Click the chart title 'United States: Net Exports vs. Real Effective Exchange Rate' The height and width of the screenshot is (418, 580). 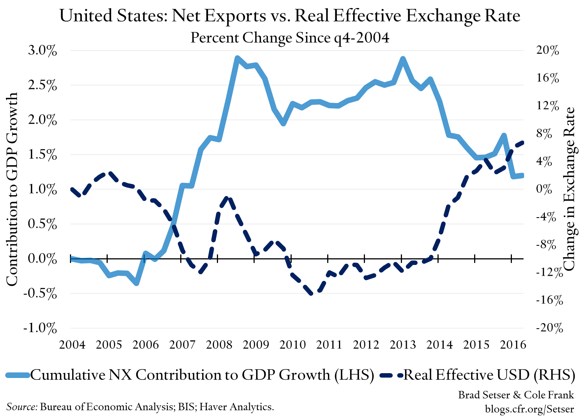(290, 16)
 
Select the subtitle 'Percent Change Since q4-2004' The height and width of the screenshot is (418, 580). (290, 38)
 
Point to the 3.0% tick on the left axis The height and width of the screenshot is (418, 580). (43, 51)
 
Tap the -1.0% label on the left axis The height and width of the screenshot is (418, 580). (40, 328)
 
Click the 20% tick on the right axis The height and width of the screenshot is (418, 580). (547, 51)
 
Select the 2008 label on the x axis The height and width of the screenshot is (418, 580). (219, 345)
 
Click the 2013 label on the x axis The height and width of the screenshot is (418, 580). (403, 345)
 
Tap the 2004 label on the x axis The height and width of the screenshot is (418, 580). (72, 345)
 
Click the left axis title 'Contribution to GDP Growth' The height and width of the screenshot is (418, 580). (12, 189)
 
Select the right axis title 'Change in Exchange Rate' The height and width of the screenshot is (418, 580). (569, 189)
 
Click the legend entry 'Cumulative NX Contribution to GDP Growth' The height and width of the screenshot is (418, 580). (202, 375)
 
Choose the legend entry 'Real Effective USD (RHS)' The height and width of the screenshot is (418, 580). (489, 375)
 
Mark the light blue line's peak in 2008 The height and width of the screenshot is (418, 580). (237, 58)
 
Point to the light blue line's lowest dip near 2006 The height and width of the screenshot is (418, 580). (137, 283)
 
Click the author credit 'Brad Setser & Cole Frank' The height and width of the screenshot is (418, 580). (516, 395)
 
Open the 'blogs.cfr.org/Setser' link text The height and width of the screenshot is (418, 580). (529, 409)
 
